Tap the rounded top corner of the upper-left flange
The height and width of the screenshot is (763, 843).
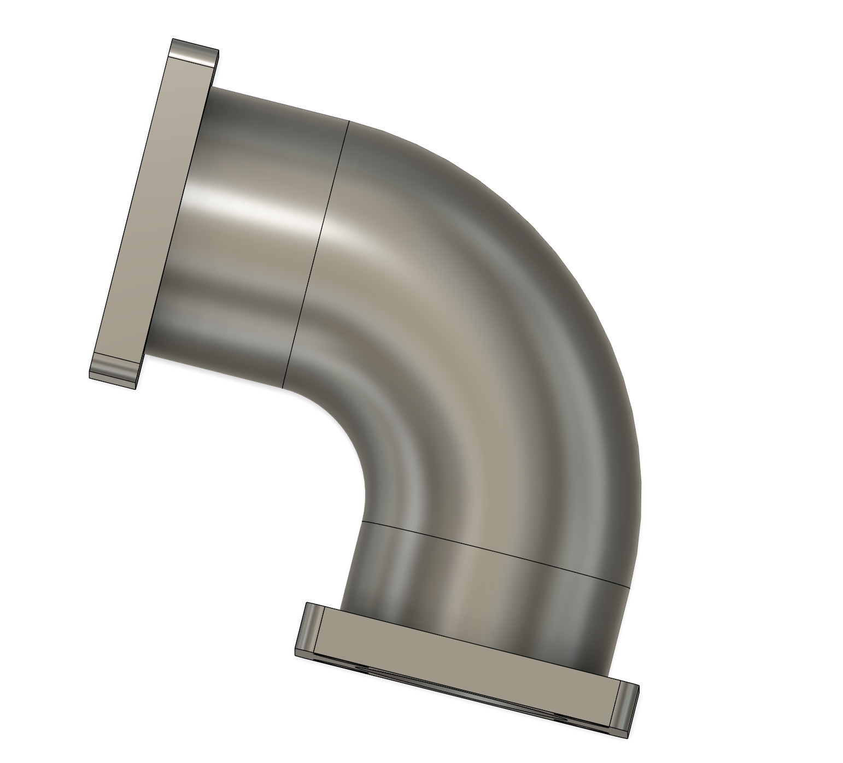click(x=194, y=52)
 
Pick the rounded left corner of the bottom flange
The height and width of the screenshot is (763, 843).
click(x=309, y=629)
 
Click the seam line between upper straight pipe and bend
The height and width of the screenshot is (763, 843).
click(x=317, y=251)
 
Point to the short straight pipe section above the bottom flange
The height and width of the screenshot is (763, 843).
click(x=481, y=590)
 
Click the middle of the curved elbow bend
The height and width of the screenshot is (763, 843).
click(x=476, y=339)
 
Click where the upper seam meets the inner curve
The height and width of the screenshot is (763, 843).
click(x=282, y=387)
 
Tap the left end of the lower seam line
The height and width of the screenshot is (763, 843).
click(x=362, y=521)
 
